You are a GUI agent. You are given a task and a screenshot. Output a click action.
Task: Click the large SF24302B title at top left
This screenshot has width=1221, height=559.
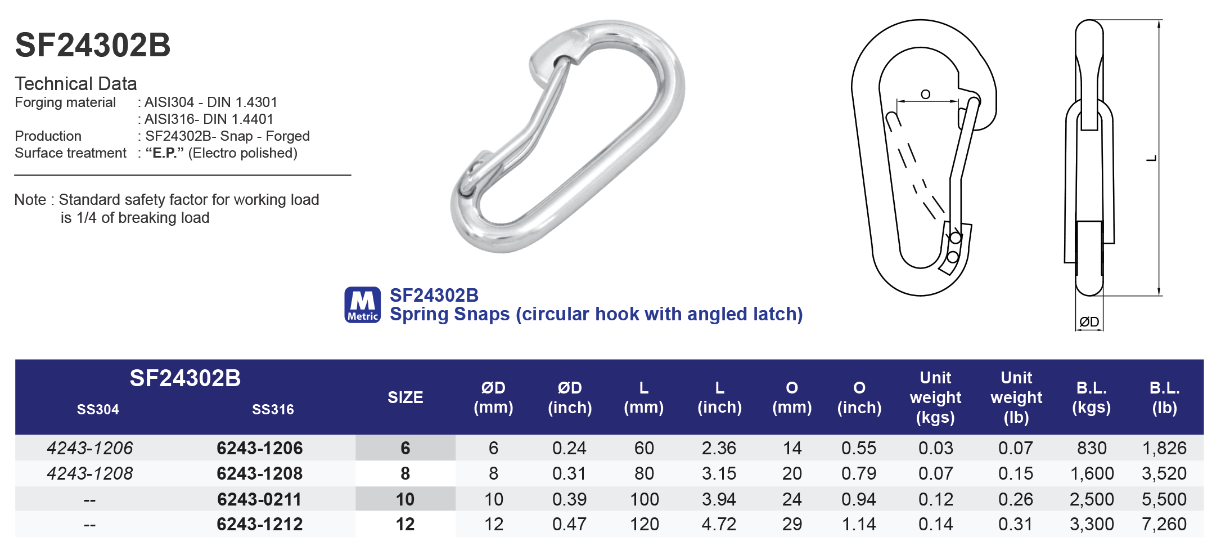tap(93, 45)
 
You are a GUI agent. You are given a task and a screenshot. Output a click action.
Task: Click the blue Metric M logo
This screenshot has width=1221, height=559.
tap(362, 305)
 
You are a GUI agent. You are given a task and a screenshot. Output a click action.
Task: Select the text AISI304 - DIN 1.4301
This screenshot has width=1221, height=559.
tap(211, 102)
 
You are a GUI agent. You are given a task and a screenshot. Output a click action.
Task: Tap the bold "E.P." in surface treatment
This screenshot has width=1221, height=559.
tap(165, 153)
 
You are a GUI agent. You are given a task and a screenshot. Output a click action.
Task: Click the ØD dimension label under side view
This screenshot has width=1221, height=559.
tap(1089, 322)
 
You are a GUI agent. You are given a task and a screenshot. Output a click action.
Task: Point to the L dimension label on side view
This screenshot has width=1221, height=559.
tap(1151, 158)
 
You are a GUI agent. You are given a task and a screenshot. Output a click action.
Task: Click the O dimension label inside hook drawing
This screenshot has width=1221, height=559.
tap(926, 95)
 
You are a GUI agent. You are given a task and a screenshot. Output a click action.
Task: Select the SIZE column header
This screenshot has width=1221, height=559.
tap(405, 397)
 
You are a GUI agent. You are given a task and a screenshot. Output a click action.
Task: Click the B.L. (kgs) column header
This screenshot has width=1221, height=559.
tap(1091, 397)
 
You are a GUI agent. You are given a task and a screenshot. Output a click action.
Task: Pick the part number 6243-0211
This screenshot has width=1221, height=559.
tap(259, 499)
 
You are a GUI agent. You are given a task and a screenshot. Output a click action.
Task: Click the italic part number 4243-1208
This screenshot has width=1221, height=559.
tap(90, 473)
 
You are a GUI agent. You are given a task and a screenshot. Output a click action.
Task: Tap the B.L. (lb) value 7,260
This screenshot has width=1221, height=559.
tap(1164, 524)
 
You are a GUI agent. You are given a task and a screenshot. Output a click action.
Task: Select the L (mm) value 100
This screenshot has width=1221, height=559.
tap(644, 499)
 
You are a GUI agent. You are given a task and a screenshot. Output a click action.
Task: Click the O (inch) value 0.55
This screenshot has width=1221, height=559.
tap(859, 448)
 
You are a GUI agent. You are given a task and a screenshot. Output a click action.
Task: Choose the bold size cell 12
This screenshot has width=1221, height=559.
tap(405, 524)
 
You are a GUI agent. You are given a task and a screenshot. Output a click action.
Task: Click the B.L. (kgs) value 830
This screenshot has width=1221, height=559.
tap(1092, 448)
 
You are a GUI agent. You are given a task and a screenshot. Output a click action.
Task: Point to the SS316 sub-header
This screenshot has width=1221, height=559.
tap(273, 409)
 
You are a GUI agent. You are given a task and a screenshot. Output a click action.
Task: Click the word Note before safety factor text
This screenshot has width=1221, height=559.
tap(30, 200)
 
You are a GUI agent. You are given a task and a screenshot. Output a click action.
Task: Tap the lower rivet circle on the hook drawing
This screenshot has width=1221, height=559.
tap(953, 257)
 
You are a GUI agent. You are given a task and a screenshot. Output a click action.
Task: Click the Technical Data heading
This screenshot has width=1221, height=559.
tap(76, 84)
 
